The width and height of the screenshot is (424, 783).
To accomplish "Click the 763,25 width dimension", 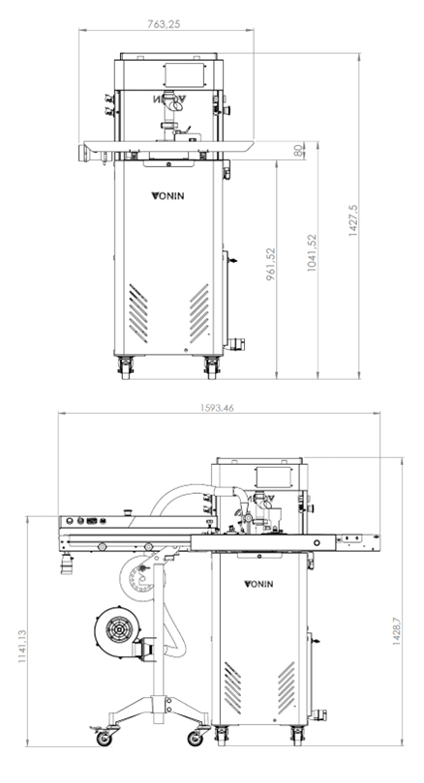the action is (x=164, y=23).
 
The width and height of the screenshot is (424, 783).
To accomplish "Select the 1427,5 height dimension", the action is (x=353, y=219).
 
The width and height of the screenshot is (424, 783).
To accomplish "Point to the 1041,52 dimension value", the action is (x=312, y=252).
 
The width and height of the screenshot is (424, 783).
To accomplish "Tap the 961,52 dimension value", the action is (x=270, y=264).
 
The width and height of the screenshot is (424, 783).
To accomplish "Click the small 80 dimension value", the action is (x=298, y=150).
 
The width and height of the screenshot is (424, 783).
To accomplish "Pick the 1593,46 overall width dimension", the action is (x=217, y=408).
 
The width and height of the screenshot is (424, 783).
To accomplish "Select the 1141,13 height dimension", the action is (x=22, y=646).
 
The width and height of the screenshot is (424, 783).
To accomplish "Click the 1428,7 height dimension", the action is (x=396, y=630).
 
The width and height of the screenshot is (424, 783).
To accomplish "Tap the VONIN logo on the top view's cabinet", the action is (x=167, y=195).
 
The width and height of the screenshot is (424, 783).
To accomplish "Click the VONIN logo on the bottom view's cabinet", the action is (x=258, y=584).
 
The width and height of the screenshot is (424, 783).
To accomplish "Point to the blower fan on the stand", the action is (x=118, y=626).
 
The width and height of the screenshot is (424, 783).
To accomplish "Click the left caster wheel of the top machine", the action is (x=125, y=367).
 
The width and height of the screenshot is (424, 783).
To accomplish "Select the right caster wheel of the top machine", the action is (x=212, y=367).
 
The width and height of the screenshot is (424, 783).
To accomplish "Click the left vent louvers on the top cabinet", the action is (x=138, y=313).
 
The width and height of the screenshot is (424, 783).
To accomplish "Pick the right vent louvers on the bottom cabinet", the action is (x=287, y=687).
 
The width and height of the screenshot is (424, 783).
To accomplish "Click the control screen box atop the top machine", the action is (x=184, y=74).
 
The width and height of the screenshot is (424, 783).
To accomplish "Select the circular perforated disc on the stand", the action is (x=136, y=578).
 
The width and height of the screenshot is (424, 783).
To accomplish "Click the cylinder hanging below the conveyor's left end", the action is (x=67, y=564).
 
